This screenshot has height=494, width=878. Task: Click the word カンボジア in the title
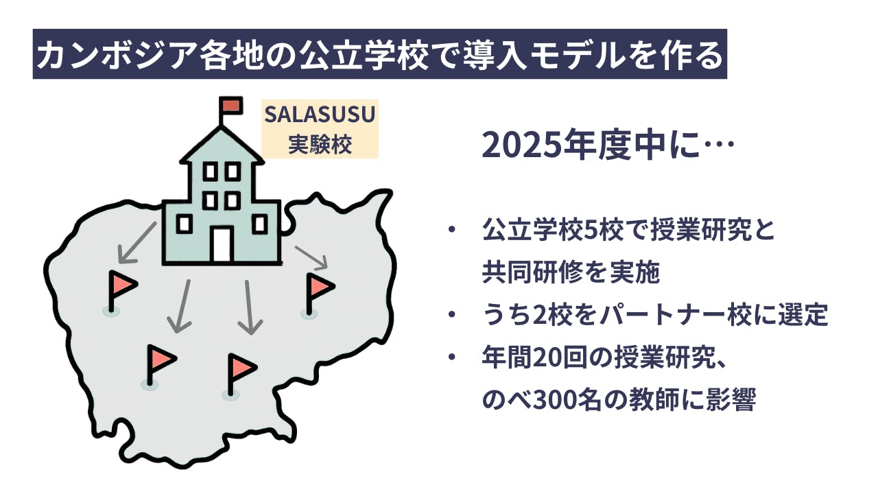tap(116, 56)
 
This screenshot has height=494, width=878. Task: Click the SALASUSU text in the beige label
tap(320, 115)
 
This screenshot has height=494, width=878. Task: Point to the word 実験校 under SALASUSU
tap(320, 144)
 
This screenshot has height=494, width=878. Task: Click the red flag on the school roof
tap(231, 105)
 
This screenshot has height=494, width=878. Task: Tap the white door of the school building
tap(222, 245)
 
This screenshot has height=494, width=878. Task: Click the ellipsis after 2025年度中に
tap(720, 143)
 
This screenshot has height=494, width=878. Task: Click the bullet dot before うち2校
tap(452, 314)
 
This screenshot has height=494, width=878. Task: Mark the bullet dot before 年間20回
tap(452, 357)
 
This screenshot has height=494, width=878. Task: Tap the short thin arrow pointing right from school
tap(311, 257)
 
